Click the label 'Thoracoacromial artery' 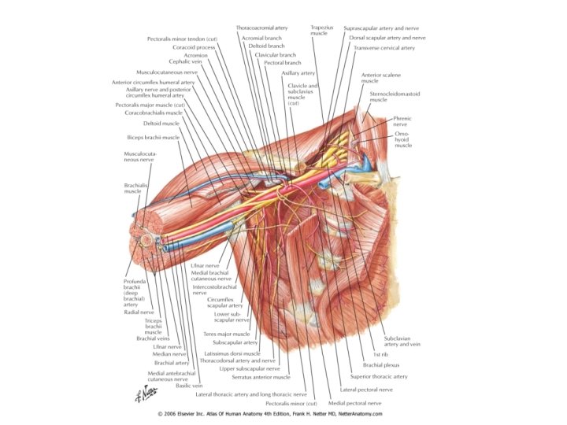pyautogui.click(x=261, y=28)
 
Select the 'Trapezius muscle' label pyautogui.click(x=319, y=31)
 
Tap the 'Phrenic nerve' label pyautogui.click(x=402, y=121)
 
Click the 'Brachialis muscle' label pyautogui.click(x=132, y=188)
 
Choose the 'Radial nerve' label pyautogui.click(x=139, y=312)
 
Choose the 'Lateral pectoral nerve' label pyautogui.click(x=366, y=390)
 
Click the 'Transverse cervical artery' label pyautogui.click(x=384, y=48)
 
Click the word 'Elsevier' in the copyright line pyautogui.click(x=193, y=413)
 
